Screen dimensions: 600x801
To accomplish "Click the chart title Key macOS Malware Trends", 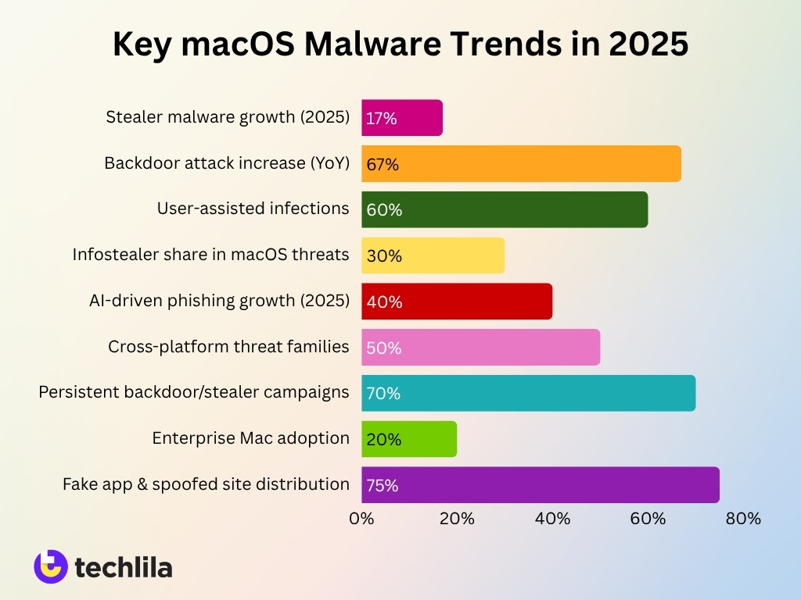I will (400, 45).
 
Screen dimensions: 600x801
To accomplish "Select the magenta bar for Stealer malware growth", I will (402, 118).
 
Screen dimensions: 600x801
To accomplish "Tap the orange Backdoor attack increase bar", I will (521, 164).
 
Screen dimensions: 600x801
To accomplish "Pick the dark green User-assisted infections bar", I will (505, 209).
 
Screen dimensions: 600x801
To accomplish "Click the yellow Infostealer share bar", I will (433, 255).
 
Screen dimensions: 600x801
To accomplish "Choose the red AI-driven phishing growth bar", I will (457, 302).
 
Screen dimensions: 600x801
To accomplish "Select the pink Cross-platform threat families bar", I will (480, 347).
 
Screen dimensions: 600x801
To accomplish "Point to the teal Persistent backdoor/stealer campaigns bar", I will (528, 393).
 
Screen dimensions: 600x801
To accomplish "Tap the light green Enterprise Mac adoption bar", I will (409, 439).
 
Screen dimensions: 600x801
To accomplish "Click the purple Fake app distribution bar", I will (540, 484).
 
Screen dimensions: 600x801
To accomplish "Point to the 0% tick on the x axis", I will (361, 518).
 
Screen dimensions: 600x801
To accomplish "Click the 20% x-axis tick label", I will (457, 518).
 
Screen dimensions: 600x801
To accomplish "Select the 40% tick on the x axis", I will (552, 518).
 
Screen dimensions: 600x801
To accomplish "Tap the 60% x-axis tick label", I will (648, 518).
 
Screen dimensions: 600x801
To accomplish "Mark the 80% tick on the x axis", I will (743, 518).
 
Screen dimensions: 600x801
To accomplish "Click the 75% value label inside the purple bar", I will (383, 485).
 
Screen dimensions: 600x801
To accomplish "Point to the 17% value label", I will (382, 119).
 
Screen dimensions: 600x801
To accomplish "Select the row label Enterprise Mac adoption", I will (250, 438).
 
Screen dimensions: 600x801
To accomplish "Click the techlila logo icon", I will (50, 566).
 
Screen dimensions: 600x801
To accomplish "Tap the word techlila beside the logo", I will (124, 567).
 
